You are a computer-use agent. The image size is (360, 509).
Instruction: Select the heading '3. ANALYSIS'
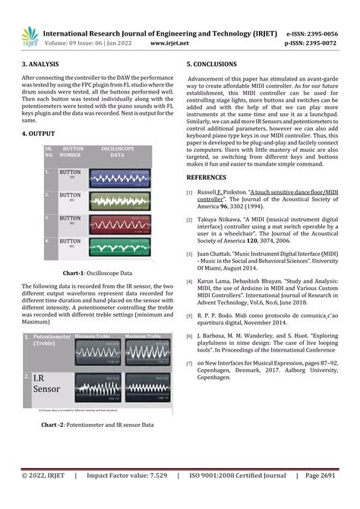(x=42, y=66)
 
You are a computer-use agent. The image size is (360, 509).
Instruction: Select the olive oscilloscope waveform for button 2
(x=118, y=201)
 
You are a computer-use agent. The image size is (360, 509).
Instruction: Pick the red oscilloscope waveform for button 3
(x=118, y=224)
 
